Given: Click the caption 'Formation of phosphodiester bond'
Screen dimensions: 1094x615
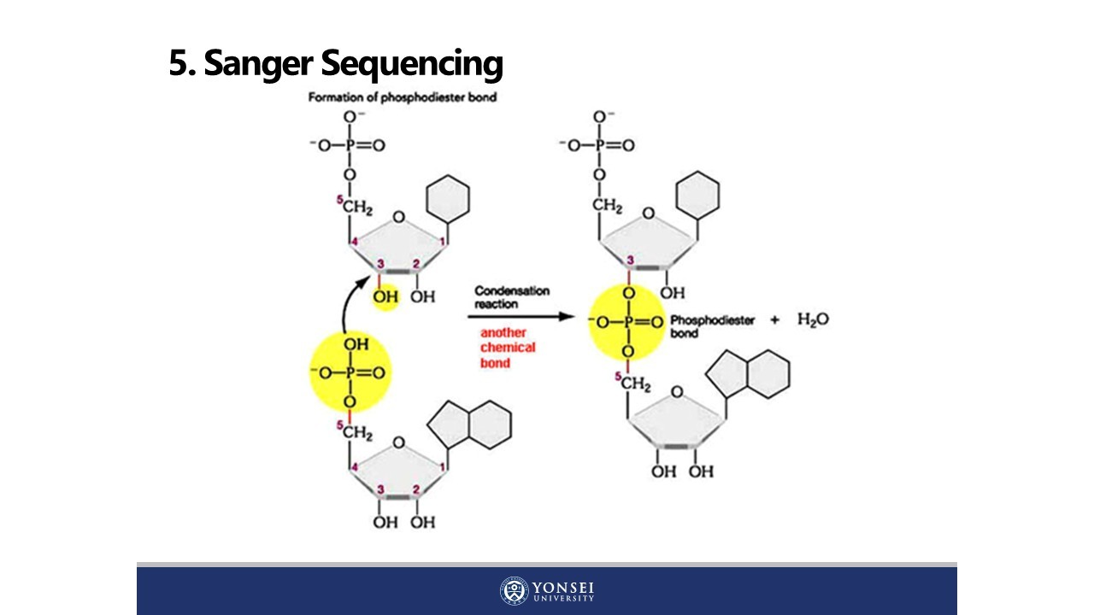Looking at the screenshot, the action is (402, 97).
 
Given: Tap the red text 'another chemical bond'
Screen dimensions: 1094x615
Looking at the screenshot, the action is (508, 348).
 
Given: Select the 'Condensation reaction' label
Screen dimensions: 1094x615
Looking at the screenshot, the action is (512, 296).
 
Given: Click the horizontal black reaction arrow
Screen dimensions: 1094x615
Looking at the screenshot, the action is (522, 317).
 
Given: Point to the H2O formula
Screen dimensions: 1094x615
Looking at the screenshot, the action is (813, 319).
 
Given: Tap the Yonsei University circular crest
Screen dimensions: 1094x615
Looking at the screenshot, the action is (515, 591).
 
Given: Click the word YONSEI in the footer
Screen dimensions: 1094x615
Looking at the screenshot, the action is (563, 588).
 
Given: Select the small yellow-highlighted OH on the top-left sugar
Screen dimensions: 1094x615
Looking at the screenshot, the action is (385, 296).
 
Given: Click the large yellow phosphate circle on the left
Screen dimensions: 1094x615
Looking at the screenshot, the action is (350, 373).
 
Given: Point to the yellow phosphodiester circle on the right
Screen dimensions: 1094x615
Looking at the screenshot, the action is (628, 322).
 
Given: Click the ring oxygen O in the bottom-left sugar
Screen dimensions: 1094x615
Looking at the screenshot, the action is (398, 442).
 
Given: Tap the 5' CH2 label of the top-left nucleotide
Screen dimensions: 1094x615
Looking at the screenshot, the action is (359, 207).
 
